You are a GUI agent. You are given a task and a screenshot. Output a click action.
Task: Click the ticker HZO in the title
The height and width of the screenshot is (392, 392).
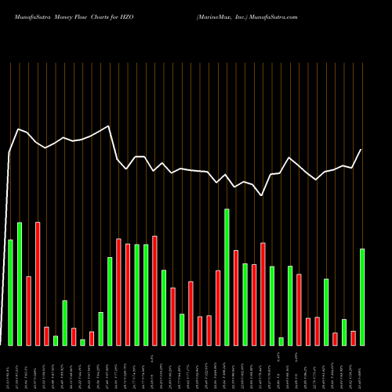click(138, 15)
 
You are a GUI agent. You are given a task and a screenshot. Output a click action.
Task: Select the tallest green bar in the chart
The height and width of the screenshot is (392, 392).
click(227, 277)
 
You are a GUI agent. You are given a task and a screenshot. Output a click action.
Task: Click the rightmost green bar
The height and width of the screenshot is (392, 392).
click(362, 296)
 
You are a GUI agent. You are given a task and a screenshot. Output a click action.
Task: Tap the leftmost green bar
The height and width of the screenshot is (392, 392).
click(10, 292)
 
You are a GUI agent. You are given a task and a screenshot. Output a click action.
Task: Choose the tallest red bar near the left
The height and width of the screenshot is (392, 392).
click(38, 283)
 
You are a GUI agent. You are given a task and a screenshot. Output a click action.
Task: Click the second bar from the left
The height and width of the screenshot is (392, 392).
click(20, 283)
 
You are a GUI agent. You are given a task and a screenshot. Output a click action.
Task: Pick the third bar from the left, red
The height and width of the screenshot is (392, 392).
click(28, 310)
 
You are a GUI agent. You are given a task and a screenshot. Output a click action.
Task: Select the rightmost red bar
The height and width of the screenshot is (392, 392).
click(353, 338)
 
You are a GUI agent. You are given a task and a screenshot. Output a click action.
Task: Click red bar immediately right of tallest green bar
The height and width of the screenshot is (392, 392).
click(236, 297)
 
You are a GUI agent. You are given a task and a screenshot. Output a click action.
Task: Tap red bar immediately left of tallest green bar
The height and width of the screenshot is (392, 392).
click(218, 307)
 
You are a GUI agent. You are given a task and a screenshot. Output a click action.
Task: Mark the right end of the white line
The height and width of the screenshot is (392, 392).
click(361, 149)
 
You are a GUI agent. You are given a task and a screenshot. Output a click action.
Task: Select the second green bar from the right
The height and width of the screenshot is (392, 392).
click(344, 332)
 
